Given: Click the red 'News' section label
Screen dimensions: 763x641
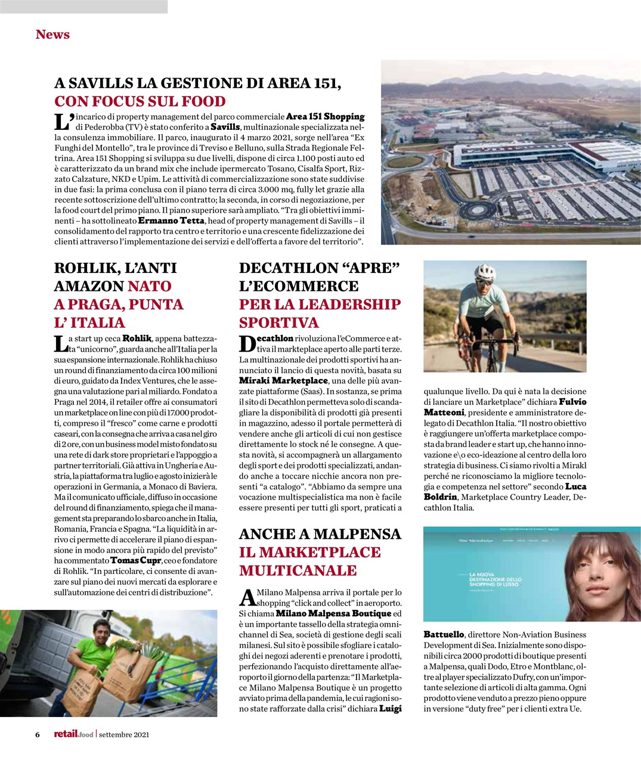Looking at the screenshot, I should [52, 35].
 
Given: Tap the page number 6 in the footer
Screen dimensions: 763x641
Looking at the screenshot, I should [37, 734].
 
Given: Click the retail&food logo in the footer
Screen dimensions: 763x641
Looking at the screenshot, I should [73, 734].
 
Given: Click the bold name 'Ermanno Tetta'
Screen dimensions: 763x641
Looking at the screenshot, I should [176, 221].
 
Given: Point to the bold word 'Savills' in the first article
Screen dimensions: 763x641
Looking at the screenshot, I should [225, 127].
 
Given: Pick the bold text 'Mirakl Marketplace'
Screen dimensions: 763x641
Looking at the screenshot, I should [283, 381].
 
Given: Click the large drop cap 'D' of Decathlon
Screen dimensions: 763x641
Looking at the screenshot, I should [248, 344].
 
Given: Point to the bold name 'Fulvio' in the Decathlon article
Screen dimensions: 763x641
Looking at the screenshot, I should [572, 402].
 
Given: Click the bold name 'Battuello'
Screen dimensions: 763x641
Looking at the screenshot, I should [445, 635].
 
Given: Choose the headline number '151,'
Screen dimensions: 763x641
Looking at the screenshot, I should [318, 83].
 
